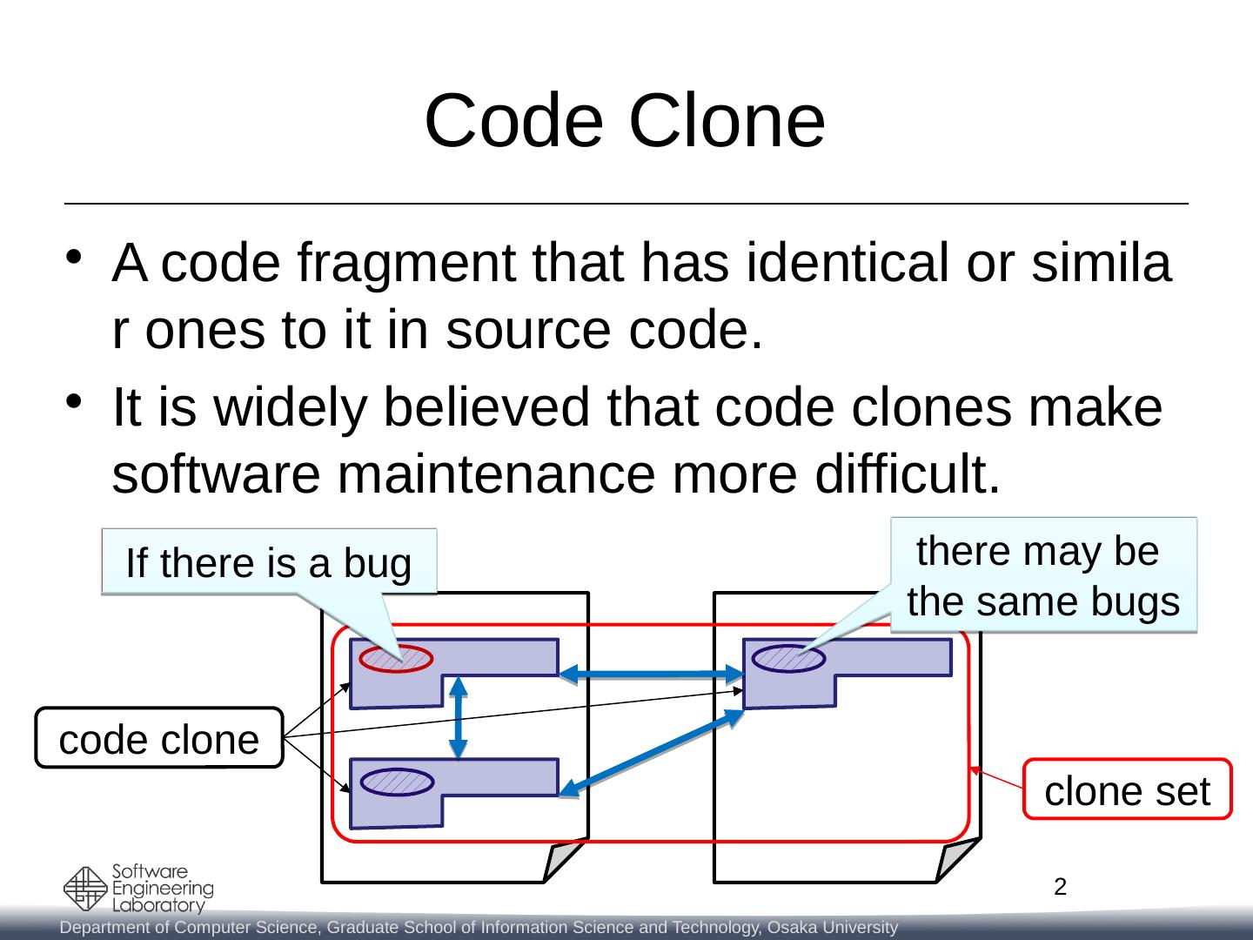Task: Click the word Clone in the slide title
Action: (x=725, y=121)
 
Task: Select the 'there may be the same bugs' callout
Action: (x=1043, y=574)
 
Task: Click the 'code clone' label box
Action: (x=159, y=739)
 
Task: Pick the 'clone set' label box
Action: (x=1127, y=790)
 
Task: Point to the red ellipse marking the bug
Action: (x=397, y=660)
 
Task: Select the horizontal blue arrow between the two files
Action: (x=651, y=672)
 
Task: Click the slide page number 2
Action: (x=1059, y=888)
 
